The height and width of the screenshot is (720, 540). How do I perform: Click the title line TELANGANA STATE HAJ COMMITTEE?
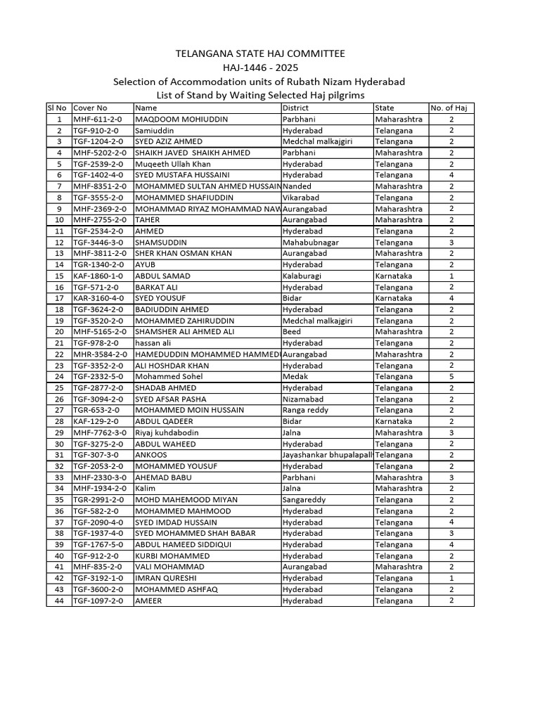click(x=259, y=54)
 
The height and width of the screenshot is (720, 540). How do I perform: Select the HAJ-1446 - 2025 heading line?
click(x=259, y=67)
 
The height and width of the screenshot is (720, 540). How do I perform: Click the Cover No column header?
click(x=90, y=108)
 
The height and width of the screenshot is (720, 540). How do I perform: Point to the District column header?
click(x=295, y=108)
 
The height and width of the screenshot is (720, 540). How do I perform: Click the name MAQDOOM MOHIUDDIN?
click(x=181, y=120)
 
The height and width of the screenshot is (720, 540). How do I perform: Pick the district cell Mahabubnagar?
click(x=310, y=243)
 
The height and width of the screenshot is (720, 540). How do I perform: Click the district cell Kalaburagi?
click(x=302, y=276)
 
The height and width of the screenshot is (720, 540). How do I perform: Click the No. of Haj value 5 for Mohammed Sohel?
click(x=451, y=376)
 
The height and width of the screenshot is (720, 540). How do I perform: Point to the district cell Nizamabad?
click(x=303, y=399)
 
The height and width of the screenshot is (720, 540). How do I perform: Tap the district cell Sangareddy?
click(x=304, y=500)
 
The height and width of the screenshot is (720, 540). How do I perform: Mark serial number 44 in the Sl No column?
click(x=59, y=600)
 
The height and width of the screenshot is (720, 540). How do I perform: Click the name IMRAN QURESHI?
click(x=165, y=578)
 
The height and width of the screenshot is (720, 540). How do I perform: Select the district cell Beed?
click(x=291, y=332)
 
